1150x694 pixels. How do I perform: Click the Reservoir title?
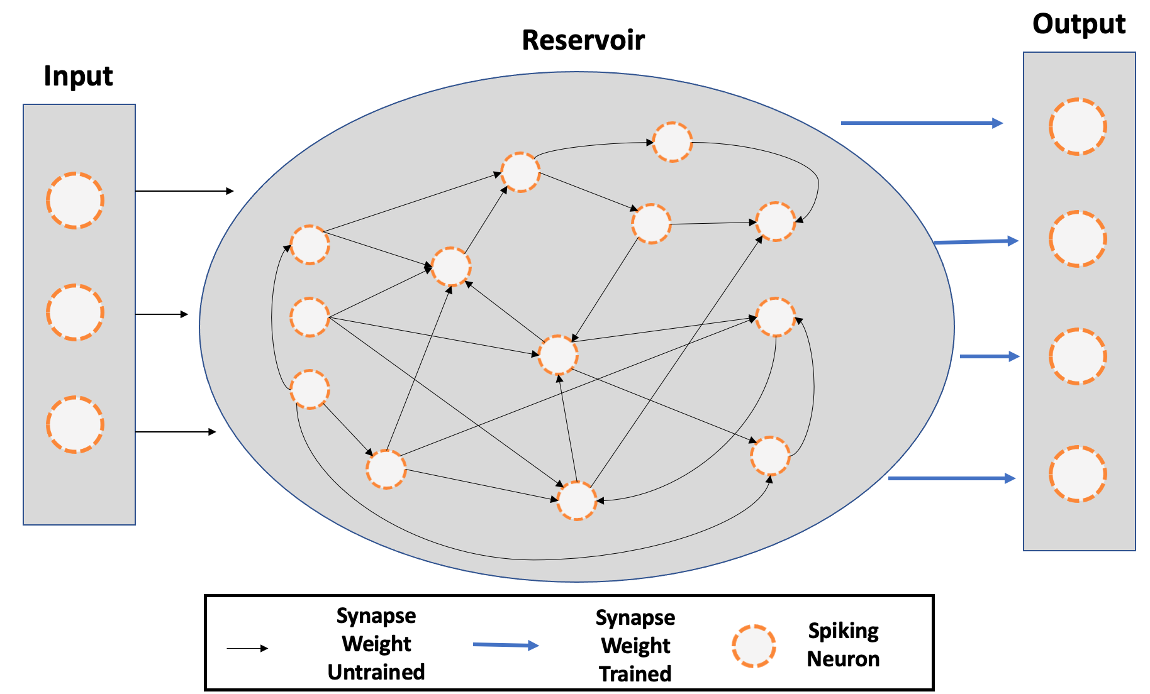[583, 40]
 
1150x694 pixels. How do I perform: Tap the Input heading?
[78, 77]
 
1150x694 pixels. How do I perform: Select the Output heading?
[1079, 25]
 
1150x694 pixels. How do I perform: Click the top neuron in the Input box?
[75, 201]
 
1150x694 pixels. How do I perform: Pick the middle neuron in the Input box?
[75, 312]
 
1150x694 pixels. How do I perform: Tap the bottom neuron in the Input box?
[75, 424]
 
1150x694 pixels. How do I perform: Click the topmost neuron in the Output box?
[1078, 126]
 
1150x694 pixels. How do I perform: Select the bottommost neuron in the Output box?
[1078, 474]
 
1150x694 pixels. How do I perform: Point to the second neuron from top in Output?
[1078, 239]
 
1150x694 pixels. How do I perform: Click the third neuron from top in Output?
[1078, 356]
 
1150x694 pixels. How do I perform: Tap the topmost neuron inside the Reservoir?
[673, 142]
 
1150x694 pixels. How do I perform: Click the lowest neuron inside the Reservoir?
[577, 501]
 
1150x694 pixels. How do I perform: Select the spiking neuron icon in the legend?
[753, 646]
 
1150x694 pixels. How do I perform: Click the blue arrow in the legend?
[506, 645]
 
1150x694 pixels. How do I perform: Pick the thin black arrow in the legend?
[247, 648]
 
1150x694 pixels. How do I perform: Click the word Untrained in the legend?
[376, 672]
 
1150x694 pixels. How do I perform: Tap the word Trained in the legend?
[635, 674]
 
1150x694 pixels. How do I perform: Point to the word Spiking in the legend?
[844, 631]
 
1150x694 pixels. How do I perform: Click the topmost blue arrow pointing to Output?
[922, 123]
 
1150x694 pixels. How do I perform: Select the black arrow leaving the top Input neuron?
[185, 190]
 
